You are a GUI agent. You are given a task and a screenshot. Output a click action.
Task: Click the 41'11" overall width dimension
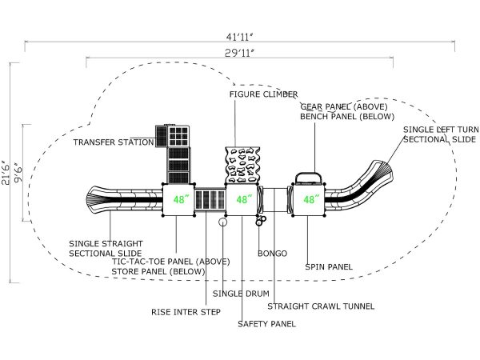tap(240, 37)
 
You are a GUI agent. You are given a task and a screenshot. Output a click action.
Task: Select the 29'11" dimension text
tap(240, 54)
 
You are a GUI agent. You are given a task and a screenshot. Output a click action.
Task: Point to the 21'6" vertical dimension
tap(6, 174)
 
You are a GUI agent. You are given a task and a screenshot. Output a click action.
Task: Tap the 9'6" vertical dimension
tap(18, 174)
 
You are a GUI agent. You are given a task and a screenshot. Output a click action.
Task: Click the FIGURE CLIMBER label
tap(263, 94)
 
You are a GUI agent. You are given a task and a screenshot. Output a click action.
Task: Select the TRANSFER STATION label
tap(114, 142)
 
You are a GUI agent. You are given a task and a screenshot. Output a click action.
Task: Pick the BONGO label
tap(273, 254)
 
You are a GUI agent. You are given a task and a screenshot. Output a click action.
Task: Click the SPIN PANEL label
tap(329, 267)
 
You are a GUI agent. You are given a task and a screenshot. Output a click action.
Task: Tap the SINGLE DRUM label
tap(241, 294)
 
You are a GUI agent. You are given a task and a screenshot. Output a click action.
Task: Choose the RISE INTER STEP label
tap(186, 312)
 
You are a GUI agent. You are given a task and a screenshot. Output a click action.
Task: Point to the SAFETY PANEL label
tap(266, 324)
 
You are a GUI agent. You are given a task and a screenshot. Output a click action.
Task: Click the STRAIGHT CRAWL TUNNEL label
tap(321, 306)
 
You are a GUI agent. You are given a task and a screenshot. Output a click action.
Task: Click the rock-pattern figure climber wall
tap(242, 165)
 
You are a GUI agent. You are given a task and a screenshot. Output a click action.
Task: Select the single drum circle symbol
tap(223, 222)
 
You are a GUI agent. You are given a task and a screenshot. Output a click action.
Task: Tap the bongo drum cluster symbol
tap(261, 220)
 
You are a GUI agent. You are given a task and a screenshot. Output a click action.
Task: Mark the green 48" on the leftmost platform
tap(179, 199)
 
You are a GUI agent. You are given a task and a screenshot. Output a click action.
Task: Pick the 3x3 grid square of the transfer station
tap(178, 136)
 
